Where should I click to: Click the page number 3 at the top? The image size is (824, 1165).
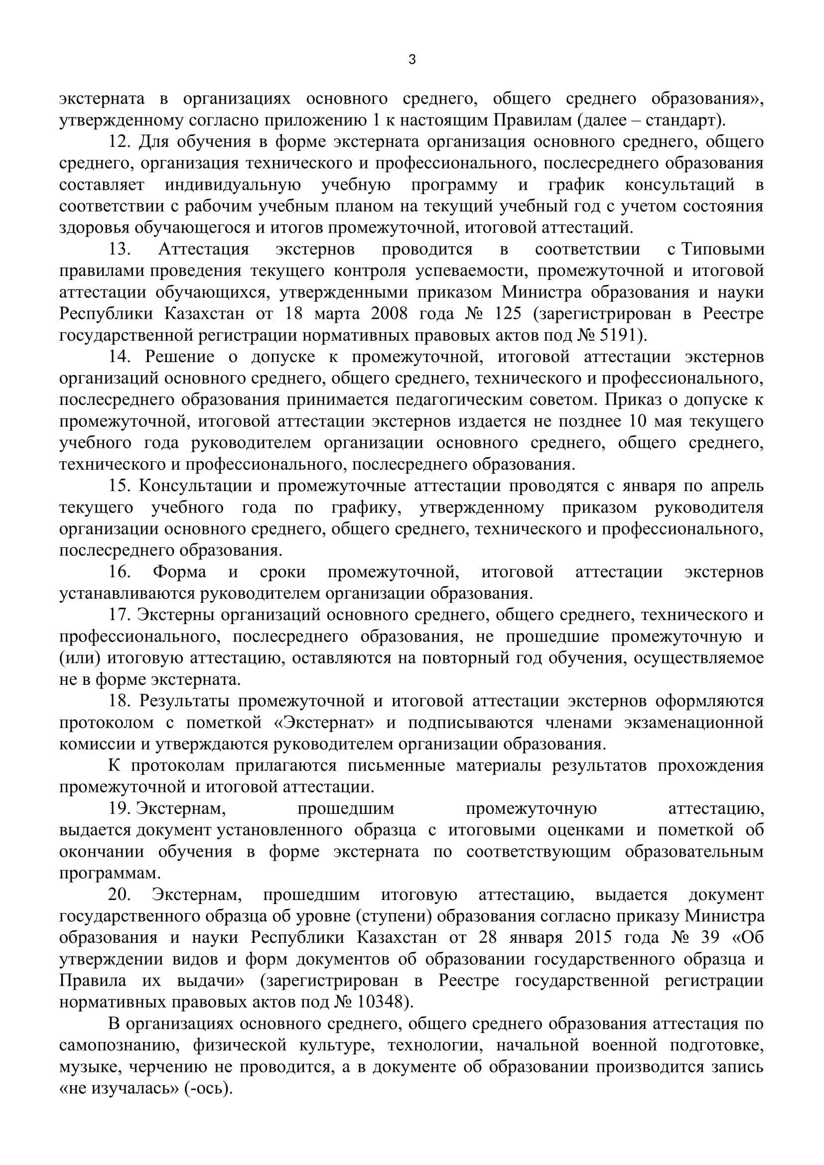(412, 60)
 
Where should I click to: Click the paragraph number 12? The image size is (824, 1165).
(120, 142)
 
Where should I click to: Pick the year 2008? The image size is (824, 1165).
(389, 314)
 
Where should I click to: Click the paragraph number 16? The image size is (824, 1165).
(120, 572)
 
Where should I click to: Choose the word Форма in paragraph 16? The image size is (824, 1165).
(180, 572)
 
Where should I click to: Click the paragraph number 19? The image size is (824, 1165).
(120, 808)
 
